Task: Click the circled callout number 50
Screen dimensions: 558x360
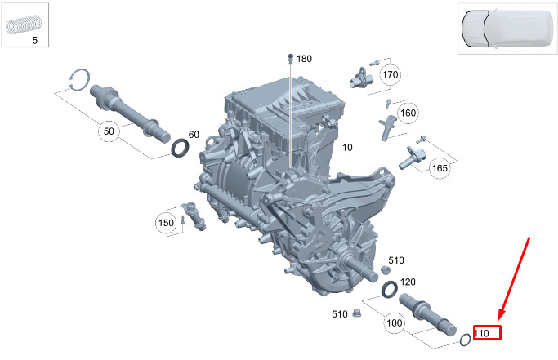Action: click(109, 131)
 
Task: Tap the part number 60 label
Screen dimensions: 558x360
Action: click(194, 135)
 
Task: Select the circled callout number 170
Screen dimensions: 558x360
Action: click(390, 75)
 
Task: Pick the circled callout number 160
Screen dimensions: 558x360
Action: click(408, 113)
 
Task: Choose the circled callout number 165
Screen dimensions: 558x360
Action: click(440, 167)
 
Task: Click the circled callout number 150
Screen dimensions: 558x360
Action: click(166, 223)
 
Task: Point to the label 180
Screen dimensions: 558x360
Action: click(304, 59)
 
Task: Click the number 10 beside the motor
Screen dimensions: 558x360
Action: click(347, 147)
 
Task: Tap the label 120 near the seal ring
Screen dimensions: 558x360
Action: click(408, 282)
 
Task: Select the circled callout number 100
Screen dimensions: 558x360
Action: click(395, 323)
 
